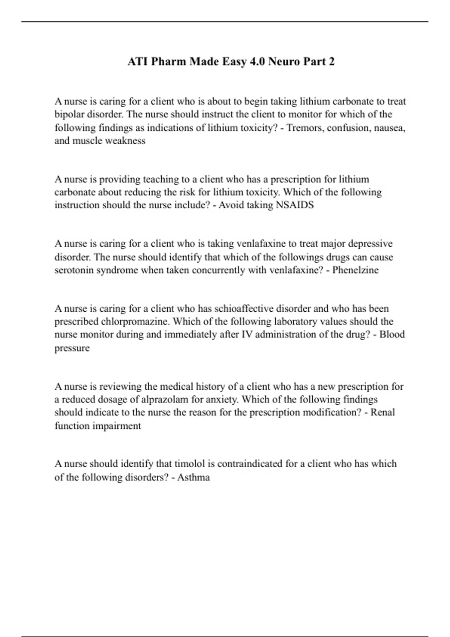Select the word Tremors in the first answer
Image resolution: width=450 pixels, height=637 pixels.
(x=304, y=128)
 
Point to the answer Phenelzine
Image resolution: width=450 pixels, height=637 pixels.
(x=355, y=270)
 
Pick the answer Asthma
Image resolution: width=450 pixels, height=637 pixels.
(x=193, y=477)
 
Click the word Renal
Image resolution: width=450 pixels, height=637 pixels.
(x=382, y=412)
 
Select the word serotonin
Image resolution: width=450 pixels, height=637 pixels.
(x=74, y=270)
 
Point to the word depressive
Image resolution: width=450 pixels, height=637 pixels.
(x=370, y=244)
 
